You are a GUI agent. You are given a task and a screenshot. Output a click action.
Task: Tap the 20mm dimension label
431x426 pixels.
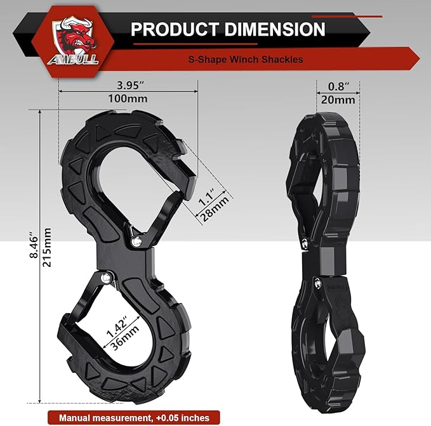coord(336,99)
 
